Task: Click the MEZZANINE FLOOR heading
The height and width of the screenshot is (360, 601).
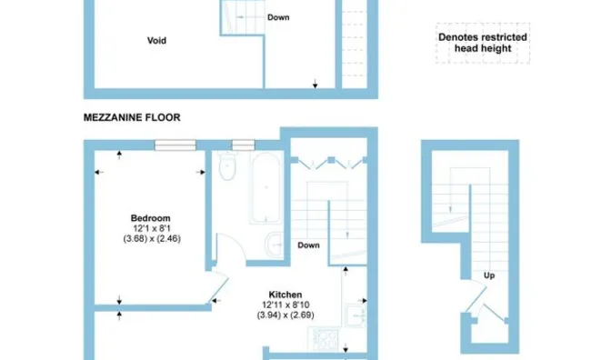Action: click(132, 117)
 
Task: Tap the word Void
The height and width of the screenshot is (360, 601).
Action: click(156, 40)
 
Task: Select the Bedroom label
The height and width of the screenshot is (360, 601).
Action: click(150, 218)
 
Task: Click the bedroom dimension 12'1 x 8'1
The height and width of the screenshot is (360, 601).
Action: click(150, 228)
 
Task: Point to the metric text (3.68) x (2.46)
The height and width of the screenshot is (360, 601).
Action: click(150, 238)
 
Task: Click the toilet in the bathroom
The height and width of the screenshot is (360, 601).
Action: click(228, 168)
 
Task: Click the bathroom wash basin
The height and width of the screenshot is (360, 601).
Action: click(276, 242)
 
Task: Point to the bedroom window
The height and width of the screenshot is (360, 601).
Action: click(175, 144)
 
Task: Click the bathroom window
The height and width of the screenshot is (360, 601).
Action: click(243, 144)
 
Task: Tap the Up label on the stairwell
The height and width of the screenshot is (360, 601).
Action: click(489, 275)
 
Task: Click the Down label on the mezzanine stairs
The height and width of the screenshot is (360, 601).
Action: click(278, 18)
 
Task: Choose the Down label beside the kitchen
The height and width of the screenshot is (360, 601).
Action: click(308, 245)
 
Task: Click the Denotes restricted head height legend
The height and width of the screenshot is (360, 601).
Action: click(482, 43)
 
